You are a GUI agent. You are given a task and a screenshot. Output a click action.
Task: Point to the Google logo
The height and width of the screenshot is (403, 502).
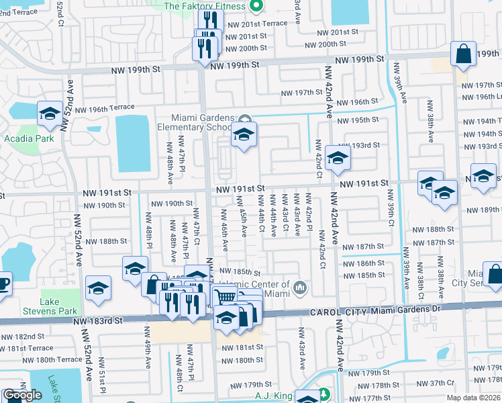(x=22, y=395)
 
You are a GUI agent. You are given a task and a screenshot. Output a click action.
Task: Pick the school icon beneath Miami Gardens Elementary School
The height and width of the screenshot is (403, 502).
(x=244, y=135)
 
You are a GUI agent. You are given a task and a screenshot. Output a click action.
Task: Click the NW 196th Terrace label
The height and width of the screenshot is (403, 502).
(x=105, y=109)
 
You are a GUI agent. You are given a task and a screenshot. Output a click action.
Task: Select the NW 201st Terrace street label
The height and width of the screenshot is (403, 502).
(x=257, y=23)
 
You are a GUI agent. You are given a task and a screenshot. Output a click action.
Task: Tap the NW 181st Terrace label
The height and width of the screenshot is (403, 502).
(x=27, y=348)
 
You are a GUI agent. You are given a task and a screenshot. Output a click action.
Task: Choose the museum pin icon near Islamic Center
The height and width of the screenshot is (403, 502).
(x=300, y=289)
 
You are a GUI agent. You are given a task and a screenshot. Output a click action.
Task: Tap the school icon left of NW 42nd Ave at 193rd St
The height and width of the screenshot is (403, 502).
(x=338, y=159)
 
